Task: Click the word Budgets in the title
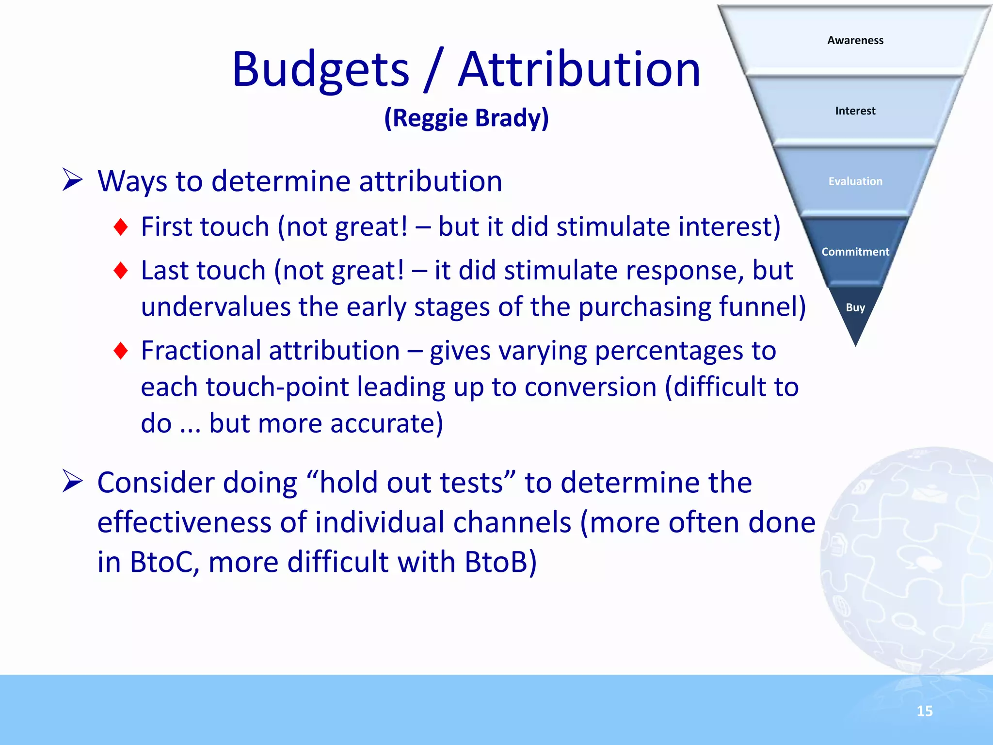(320, 70)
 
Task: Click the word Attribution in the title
(579, 70)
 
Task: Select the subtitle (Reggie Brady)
(466, 118)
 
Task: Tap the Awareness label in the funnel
(855, 40)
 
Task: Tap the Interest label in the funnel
(855, 111)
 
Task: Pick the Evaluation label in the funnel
(855, 181)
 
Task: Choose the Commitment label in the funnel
(855, 252)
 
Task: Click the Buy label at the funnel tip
(855, 308)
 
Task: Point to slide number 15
(925, 711)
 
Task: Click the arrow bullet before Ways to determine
(73, 180)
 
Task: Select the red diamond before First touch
(121, 227)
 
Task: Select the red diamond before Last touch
(121, 270)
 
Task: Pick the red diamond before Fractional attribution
(121, 350)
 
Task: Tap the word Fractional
(201, 350)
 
